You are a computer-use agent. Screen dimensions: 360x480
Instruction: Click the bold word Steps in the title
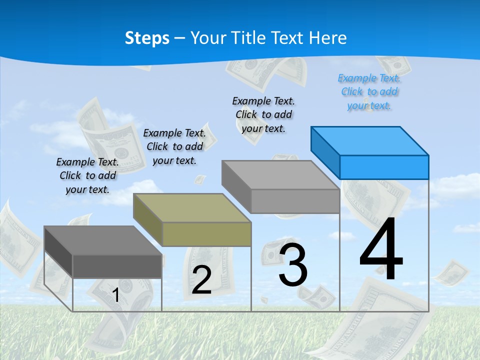pos(147,38)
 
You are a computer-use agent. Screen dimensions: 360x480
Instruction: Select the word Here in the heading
pos(327,38)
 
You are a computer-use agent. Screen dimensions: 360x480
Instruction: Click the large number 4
pos(381,250)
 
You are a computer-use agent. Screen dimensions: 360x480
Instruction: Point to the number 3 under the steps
pos(293,265)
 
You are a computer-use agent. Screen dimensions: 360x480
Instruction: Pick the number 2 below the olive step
pos(201,280)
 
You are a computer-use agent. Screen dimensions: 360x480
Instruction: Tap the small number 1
pos(116,295)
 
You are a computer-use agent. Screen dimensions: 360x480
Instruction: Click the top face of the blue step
pos(370,141)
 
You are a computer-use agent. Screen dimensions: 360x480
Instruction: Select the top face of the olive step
pos(192,207)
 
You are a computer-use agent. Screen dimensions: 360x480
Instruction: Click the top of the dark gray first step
pos(103,240)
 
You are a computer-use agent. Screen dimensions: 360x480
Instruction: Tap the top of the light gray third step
pos(280,175)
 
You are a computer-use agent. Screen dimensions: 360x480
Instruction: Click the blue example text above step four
pos(369,91)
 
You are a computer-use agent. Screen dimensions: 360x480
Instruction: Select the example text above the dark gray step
pos(87,175)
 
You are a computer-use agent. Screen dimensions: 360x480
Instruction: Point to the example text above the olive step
pos(174,146)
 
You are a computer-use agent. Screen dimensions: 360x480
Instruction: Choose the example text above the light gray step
pos(263,114)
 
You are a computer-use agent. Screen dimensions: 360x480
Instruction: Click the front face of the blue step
pos(384,167)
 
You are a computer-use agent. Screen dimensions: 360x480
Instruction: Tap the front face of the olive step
pos(206,234)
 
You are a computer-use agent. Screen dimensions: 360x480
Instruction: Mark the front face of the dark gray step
pos(117,266)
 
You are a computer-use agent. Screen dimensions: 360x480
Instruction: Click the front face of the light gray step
pos(295,201)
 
